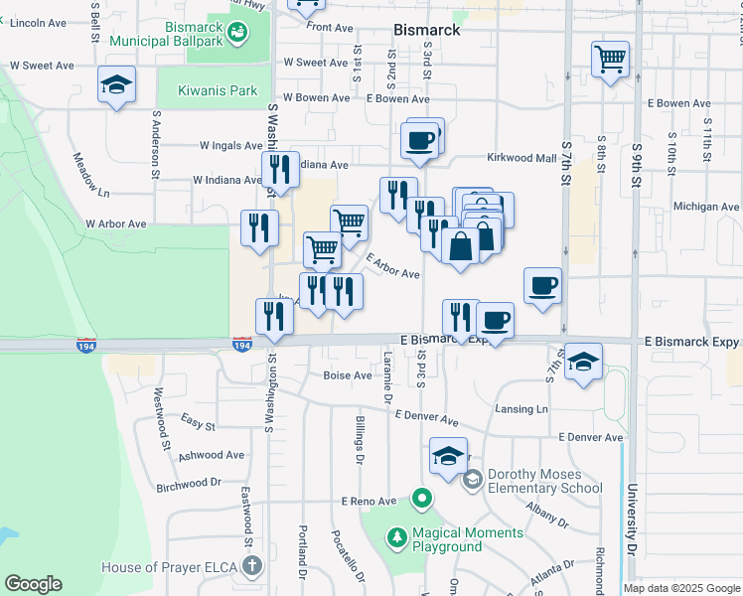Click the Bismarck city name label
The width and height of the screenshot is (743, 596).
426,31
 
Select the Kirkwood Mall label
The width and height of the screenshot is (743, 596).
521,158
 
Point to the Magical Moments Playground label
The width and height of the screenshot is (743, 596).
453,540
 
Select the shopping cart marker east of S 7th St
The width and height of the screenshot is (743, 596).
610,58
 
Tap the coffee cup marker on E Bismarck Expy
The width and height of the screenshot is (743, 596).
495,320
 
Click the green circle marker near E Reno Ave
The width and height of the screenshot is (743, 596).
422,499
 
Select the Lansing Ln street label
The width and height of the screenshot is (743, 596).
521,409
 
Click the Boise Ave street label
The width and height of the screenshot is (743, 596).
347,375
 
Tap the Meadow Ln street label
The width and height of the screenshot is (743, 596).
90,174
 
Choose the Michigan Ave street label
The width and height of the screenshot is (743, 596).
706,207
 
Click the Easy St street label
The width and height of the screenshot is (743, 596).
198,424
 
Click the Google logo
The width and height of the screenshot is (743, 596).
33,584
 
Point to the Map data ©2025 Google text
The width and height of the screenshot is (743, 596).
680,588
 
